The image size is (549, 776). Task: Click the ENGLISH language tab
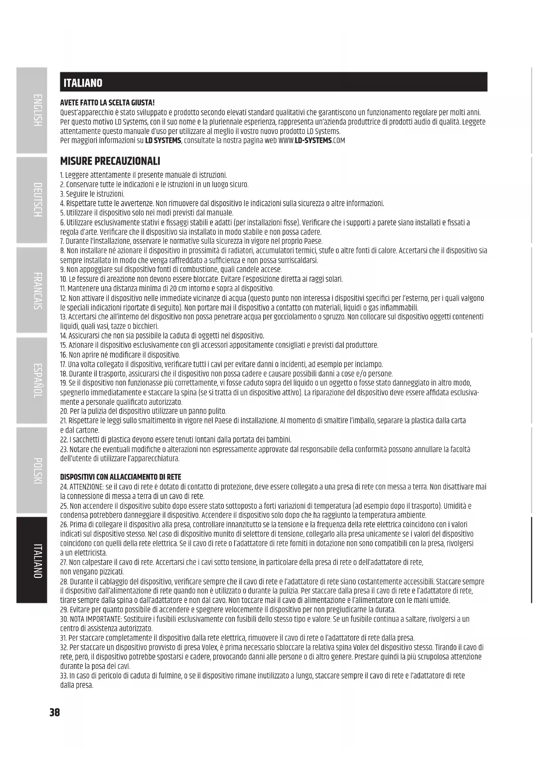32,111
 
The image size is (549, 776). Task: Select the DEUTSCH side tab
32,200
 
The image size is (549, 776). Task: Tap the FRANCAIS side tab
32,290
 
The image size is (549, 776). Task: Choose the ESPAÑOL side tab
32,380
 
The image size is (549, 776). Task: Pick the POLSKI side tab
32,470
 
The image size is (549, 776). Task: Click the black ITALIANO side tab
32,560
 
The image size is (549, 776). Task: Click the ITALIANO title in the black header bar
83,83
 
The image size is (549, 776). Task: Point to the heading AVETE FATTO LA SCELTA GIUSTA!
107,103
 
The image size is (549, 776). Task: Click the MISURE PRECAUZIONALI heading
110,161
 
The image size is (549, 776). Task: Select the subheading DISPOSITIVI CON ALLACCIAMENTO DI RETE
120,477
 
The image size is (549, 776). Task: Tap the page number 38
54,712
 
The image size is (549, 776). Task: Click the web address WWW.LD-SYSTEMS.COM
311,141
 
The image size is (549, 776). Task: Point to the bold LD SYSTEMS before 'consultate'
163,141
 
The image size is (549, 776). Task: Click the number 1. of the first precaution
62,175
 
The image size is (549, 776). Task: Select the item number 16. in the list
63,355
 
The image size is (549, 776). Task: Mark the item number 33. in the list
64,676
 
